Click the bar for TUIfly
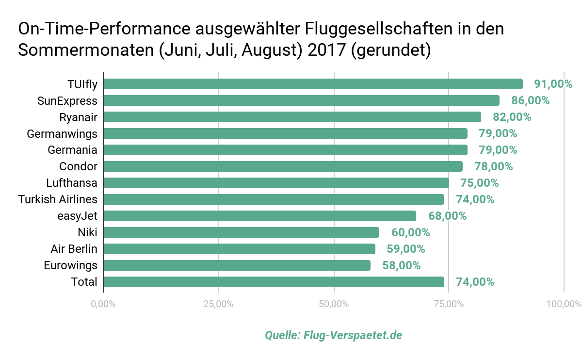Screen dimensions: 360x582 pos(313,84)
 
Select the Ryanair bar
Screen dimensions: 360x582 pos(292,117)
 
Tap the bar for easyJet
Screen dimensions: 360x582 pos(259,216)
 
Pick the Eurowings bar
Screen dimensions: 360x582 pos(237,265)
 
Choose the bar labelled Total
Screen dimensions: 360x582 pos(274,282)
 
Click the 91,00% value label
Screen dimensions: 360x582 pos(553,84)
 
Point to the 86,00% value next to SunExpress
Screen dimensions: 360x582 pos(530,100)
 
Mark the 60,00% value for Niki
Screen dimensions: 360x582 pos(410,232)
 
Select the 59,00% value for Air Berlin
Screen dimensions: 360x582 pos(405,249)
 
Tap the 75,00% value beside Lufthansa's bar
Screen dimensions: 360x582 pos(479,183)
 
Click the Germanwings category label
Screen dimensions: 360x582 pos(62,133)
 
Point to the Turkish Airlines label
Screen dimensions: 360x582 pos(58,199)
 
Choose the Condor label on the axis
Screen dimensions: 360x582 pos(78,166)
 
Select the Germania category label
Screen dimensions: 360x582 pos(72,150)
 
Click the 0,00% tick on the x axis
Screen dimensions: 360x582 pos(103,304)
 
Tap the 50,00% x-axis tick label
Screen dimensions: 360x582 pos(334,304)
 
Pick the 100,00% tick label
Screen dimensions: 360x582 pos(564,304)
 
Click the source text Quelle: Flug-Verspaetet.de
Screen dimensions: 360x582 pos(334,335)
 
